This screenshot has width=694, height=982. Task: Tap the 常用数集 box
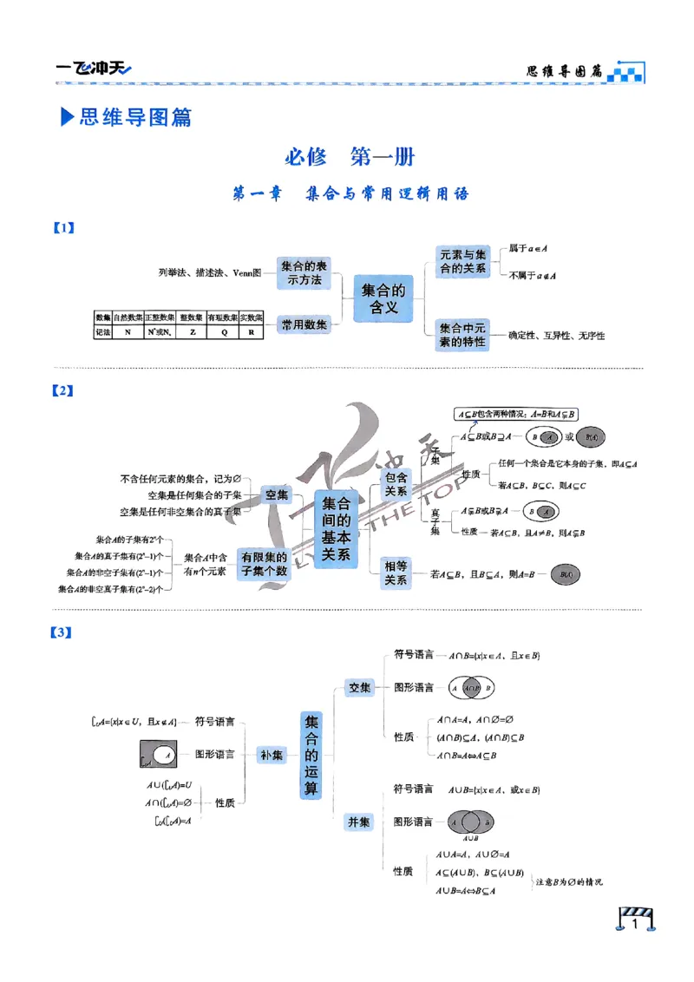pyautogui.click(x=304, y=324)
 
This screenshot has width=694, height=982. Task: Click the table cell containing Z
pyautogui.click(x=192, y=331)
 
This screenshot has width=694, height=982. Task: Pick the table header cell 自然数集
pyautogui.click(x=129, y=318)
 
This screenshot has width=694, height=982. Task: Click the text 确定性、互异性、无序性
pyautogui.click(x=556, y=335)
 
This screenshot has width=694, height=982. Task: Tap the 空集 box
pyautogui.click(x=277, y=494)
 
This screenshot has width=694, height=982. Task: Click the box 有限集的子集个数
pyautogui.click(x=265, y=564)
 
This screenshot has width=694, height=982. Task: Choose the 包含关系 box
pyautogui.click(x=396, y=483)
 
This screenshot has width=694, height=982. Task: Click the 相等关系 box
pyautogui.click(x=396, y=573)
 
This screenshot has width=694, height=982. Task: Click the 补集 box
pyautogui.click(x=272, y=755)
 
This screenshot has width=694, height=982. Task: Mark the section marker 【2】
pyautogui.click(x=62, y=391)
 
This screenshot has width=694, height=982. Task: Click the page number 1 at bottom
pyautogui.click(x=636, y=926)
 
